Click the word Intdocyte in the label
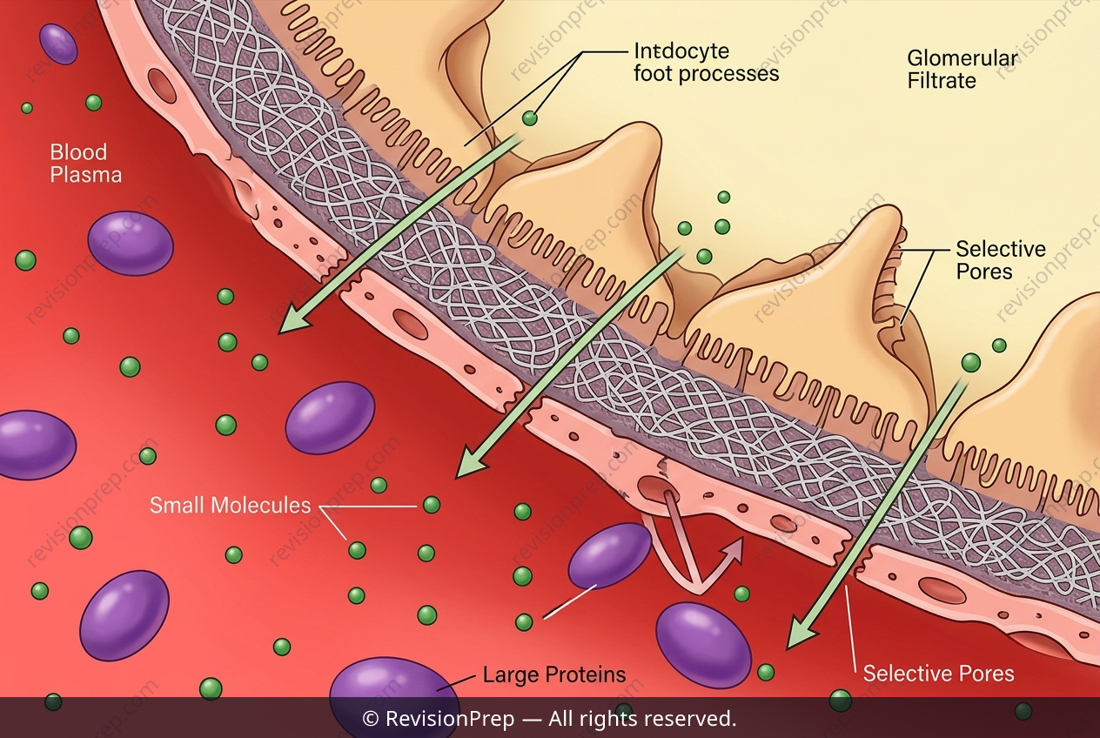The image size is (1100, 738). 681,51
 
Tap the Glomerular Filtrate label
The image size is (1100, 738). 962,70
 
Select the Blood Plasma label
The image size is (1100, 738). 86,164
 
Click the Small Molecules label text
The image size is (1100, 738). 231,506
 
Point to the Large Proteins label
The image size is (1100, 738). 554,674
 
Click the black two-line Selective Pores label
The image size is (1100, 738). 1000,260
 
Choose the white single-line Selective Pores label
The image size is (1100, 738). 938,674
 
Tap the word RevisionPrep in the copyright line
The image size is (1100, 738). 450,719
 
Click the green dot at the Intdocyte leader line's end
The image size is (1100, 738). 529,117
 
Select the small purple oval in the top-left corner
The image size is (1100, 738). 58,44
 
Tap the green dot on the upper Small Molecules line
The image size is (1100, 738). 432,505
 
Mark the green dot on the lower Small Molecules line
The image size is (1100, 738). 357,550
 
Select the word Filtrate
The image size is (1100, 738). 942,81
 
